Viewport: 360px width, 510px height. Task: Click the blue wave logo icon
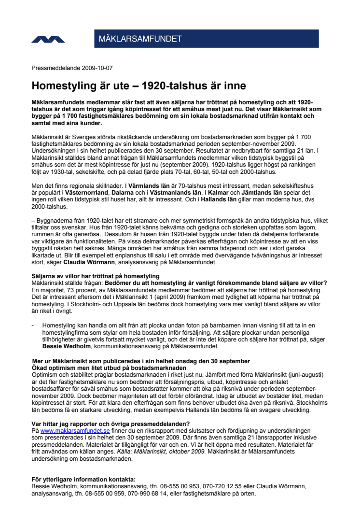tap(48, 39)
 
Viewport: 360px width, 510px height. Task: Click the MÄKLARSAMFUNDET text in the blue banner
tap(140, 39)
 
